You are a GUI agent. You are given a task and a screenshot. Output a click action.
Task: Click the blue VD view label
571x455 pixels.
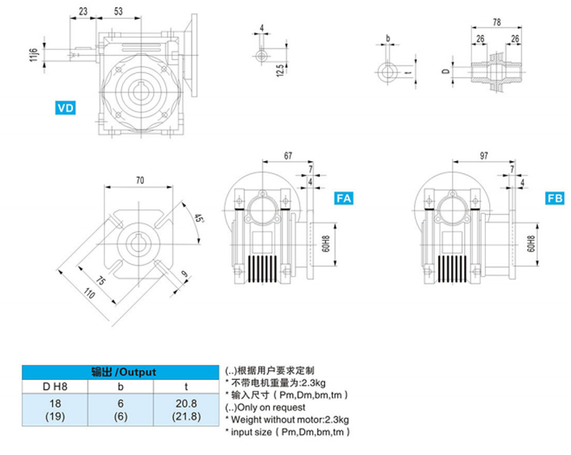click(65, 108)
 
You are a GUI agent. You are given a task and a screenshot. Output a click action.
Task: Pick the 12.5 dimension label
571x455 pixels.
click(279, 70)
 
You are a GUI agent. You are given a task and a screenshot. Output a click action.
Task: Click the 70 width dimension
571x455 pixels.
click(140, 180)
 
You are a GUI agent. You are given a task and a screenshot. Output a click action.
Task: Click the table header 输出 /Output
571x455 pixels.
click(121, 372)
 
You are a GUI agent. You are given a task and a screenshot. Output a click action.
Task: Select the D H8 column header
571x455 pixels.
click(55, 386)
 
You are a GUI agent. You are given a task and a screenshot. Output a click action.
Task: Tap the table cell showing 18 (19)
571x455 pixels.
click(55, 410)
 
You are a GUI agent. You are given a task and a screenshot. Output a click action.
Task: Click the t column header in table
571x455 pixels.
click(187, 386)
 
